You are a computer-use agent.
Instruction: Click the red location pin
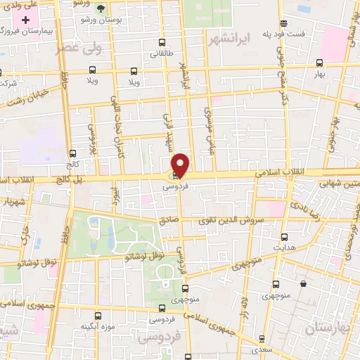(x=180, y=165)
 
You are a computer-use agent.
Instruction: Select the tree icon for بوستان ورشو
(x=101, y=8)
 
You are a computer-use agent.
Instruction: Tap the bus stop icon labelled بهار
(x=320, y=62)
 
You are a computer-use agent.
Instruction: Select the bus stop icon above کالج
(x=72, y=153)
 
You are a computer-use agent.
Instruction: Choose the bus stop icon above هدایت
(x=284, y=237)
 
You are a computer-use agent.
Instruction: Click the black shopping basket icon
(x=303, y=284)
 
